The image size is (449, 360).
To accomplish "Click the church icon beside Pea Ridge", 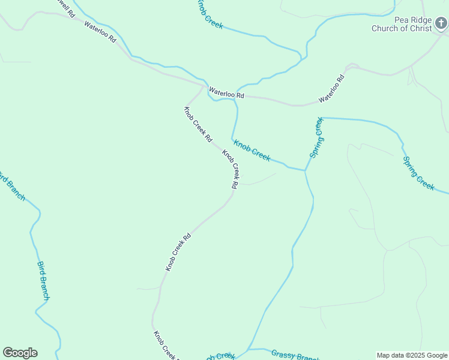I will point(441,23).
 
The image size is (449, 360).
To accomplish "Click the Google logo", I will point(20,353).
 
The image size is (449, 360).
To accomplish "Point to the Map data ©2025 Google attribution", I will point(412,355).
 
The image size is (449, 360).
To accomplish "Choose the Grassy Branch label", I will point(294,356).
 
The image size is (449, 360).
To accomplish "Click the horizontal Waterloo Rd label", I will point(226,94).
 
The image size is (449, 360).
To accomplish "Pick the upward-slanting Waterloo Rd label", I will point(332,89).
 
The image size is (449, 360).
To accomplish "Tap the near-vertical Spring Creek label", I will point(316,137).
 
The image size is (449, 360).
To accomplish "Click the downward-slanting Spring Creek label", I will point(418,173).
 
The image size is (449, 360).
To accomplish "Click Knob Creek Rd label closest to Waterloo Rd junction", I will point(197,124).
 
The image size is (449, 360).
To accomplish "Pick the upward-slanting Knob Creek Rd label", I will point(178,252).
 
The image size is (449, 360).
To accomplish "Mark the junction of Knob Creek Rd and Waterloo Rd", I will point(203,86).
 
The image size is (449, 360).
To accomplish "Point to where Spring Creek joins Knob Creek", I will point(305,171).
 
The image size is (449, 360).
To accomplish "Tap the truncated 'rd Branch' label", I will point(12,186).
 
